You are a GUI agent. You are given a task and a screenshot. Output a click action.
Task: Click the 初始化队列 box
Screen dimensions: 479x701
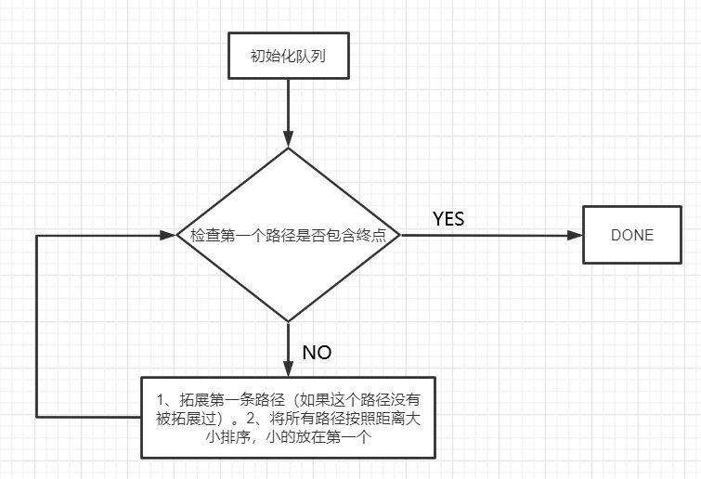pyautogui.click(x=288, y=57)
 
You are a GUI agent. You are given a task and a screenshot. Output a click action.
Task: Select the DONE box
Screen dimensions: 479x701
pyautogui.click(x=631, y=235)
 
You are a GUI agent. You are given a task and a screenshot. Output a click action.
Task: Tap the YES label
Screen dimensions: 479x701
pyautogui.click(x=448, y=219)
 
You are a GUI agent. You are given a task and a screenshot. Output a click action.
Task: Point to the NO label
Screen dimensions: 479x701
pyautogui.click(x=318, y=353)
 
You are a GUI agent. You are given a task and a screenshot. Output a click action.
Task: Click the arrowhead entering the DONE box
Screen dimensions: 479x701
pyautogui.click(x=572, y=235)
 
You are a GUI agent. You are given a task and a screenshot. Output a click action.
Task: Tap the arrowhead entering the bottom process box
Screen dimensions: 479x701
pyautogui.click(x=289, y=368)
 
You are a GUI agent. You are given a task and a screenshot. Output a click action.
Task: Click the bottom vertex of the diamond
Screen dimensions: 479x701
pyautogui.click(x=289, y=322)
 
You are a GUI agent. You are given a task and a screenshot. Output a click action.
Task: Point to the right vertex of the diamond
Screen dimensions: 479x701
pyautogui.click(x=400, y=235)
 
